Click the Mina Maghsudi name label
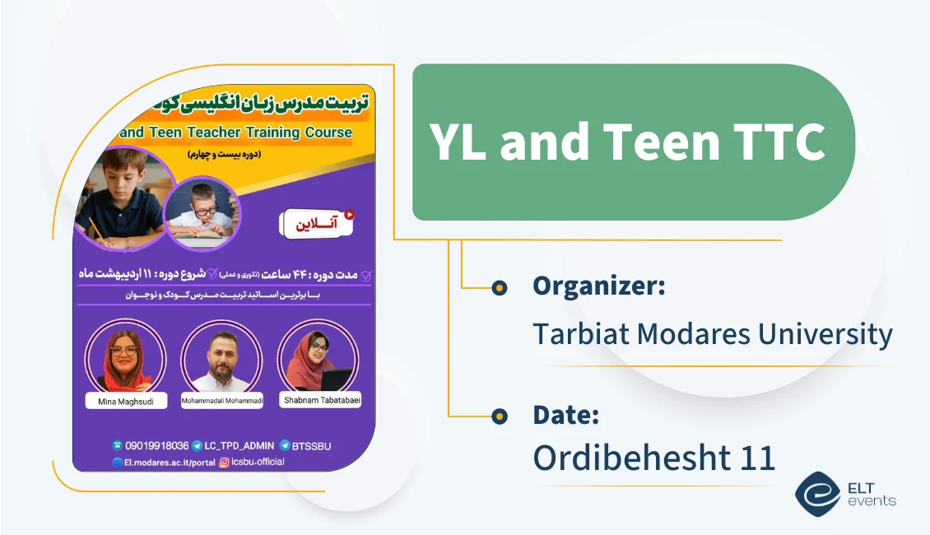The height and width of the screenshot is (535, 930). (125, 401)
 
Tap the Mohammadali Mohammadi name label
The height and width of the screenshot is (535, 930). (221, 401)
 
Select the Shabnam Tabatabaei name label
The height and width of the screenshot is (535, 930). (321, 400)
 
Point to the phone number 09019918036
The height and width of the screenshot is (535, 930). (156, 445)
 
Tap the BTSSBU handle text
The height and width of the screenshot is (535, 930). (311, 445)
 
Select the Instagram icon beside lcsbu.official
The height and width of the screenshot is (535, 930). (224, 462)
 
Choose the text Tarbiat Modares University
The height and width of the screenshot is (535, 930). (712, 334)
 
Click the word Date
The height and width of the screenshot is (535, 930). (565, 415)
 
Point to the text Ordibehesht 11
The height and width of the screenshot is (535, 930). (653, 458)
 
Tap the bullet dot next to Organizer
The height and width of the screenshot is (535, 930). (499, 287)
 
